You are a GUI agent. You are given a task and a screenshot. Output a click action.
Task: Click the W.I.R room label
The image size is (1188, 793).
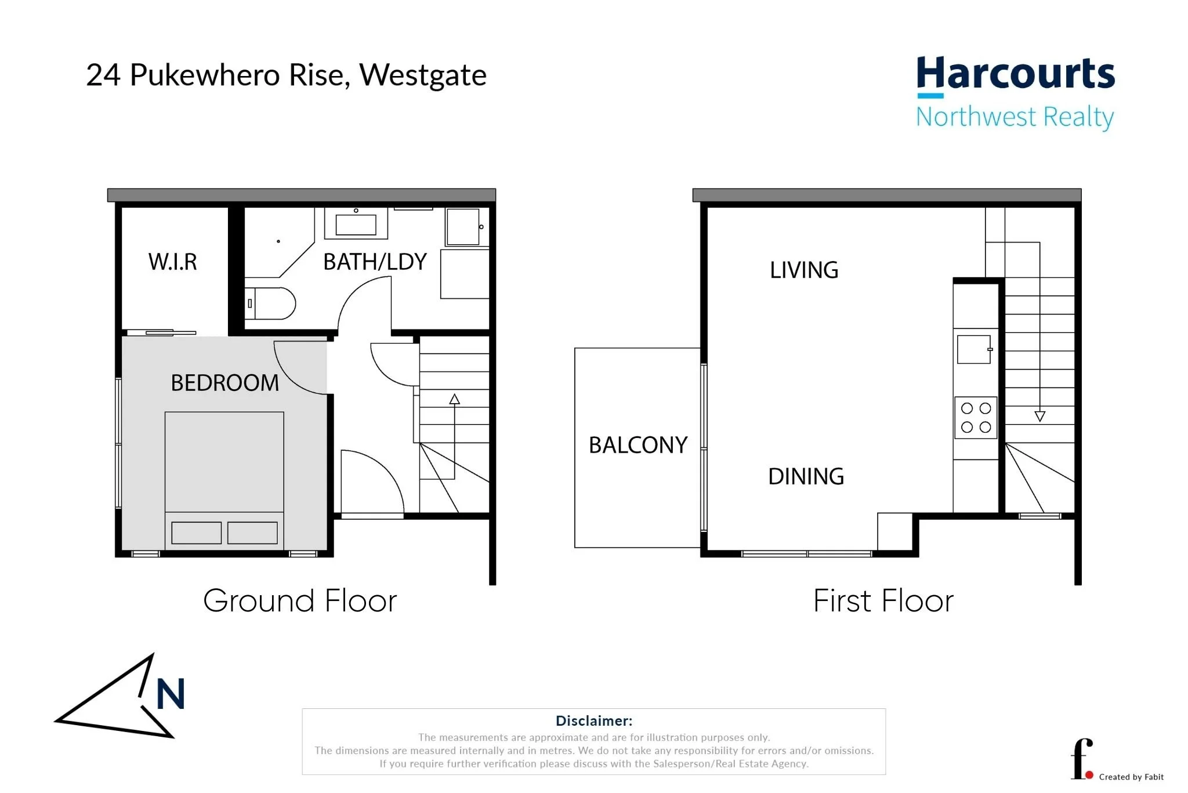tap(172, 262)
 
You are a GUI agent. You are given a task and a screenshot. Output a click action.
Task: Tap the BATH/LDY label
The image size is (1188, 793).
tap(375, 262)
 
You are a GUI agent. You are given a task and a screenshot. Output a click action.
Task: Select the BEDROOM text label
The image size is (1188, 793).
tap(224, 383)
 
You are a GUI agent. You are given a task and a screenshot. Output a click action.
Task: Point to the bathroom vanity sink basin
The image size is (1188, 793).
tap(356, 224)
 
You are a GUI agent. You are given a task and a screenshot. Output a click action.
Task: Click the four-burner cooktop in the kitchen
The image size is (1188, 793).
tap(976, 418)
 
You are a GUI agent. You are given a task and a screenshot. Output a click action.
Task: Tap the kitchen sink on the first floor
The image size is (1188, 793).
tap(973, 349)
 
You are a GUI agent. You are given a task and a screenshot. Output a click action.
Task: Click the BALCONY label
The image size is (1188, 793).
tap(638, 445)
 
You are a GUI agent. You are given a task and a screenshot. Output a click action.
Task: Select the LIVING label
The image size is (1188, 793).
tap(804, 270)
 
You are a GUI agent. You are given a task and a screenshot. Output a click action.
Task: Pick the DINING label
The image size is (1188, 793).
tap(806, 476)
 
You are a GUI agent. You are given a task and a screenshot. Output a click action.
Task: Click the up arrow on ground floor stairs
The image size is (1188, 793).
tap(454, 399)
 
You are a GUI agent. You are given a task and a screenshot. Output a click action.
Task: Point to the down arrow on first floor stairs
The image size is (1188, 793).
tap(1039, 416)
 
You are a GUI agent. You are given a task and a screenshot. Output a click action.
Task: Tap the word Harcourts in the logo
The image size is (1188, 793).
tap(1015, 74)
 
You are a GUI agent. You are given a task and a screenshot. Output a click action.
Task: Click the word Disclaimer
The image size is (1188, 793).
tap(593, 720)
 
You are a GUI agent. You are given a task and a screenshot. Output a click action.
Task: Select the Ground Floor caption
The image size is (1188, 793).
tap(300, 600)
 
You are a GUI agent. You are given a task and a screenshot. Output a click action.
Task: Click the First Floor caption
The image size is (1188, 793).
tap(883, 600)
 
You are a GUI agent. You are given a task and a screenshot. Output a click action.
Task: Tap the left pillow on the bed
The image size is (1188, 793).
tap(196, 533)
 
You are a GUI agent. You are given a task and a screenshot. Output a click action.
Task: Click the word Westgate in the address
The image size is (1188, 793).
tap(422, 75)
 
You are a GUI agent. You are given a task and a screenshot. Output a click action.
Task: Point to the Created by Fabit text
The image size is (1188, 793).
tap(1131, 777)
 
